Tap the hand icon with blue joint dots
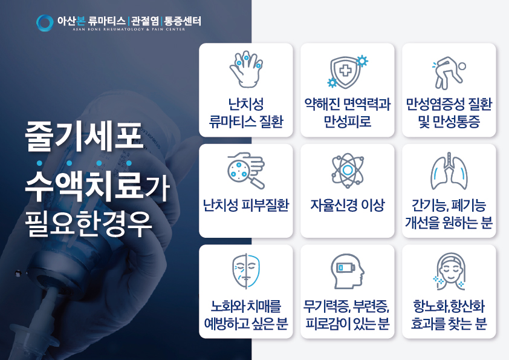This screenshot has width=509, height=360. [246, 68]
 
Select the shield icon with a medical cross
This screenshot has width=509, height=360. [348, 71]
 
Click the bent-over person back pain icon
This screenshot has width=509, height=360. [449, 73]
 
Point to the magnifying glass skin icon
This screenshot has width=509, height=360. [246, 170]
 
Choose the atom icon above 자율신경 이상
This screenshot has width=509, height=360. [348, 170]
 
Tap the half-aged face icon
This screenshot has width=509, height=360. [246, 271]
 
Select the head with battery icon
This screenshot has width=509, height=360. [348, 271]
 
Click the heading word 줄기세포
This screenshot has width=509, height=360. [84, 136]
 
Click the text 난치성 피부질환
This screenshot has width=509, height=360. [246, 205]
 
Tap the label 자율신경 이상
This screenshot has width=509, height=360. [348, 205]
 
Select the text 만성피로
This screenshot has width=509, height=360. [348, 121]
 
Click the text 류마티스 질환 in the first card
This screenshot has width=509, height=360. [246, 121]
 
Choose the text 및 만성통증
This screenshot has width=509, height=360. [449, 122]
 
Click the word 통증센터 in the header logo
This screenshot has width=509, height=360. [183, 21]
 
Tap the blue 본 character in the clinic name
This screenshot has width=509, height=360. [80, 21]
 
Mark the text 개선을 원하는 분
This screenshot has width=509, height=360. [449, 223]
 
